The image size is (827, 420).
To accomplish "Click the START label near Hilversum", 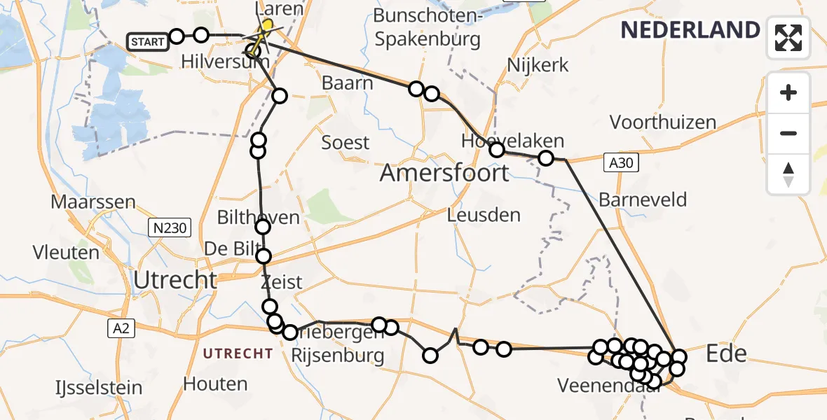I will (x=147, y=42).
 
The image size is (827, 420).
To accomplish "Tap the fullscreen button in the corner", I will (x=788, y=38).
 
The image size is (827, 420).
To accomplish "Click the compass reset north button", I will (x=788, y=174).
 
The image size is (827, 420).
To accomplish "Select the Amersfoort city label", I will (x=444, y=172).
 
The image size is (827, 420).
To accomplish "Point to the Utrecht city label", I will (x=175, y=280).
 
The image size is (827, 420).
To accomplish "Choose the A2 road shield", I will (x=122, y=328).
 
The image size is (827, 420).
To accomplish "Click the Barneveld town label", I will (x=642, y=200).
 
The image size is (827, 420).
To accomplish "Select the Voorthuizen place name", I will (x=662, y=122).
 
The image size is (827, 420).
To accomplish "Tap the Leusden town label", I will (x=484, y=215).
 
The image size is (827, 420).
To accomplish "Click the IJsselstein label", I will (x=98, y=387).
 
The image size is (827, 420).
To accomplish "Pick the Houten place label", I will (x=215, y=384).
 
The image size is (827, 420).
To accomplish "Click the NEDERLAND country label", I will (x=690, y=30).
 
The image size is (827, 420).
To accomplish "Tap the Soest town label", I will (x=345, y=143).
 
